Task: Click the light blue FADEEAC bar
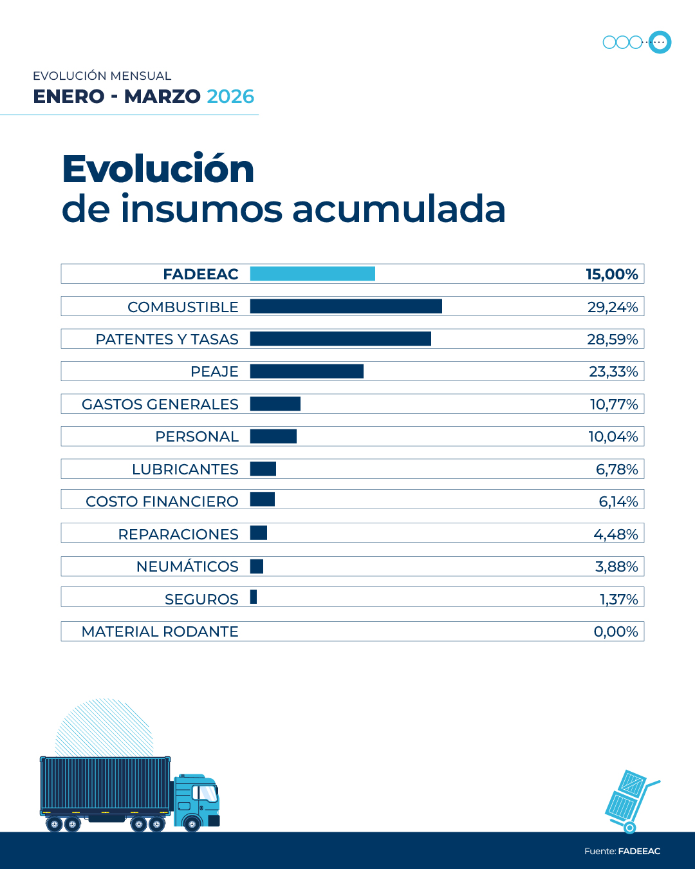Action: click(312, 274)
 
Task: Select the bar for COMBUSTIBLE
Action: click(346, 306)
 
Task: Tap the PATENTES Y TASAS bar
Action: click(340, 339)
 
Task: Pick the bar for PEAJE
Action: click(306, 371)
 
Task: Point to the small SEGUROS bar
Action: click(254, 597)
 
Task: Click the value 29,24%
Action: click(612, 307)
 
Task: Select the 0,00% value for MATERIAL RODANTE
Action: click(615, 631)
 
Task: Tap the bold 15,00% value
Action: click(611, 274)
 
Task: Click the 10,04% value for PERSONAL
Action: click(613, 436)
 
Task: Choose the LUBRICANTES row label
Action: click(185, 469)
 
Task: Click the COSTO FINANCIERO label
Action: click(162, 501)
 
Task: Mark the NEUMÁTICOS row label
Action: click(187, 566)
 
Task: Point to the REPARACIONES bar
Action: click(258, 532)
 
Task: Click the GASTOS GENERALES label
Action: click(160, 404)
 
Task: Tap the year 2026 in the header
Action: click(230, 97)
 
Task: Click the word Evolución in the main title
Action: click(158, 169)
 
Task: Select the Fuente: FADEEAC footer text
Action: click(622, 851)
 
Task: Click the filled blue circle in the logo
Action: click(660, 42)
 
